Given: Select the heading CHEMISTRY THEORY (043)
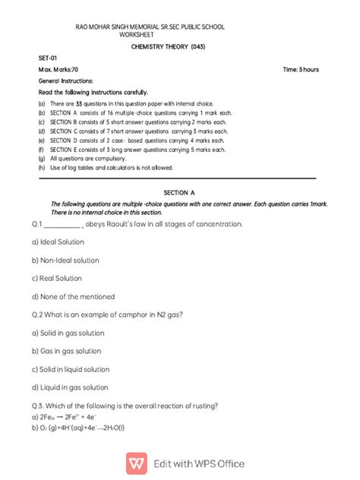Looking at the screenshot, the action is point(169,46).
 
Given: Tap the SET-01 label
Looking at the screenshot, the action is point(48,58).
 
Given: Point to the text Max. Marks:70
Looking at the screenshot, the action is point(59,69).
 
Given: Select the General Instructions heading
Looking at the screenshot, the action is point(66,80).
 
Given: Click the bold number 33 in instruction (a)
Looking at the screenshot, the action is point(78,103).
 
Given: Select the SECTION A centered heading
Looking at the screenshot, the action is point(179,194).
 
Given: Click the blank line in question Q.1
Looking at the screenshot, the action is point(62,225).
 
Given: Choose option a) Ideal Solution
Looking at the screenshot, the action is point(58,242).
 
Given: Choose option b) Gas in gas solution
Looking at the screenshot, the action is point(67,351).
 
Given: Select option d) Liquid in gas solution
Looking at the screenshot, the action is point(70,387).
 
